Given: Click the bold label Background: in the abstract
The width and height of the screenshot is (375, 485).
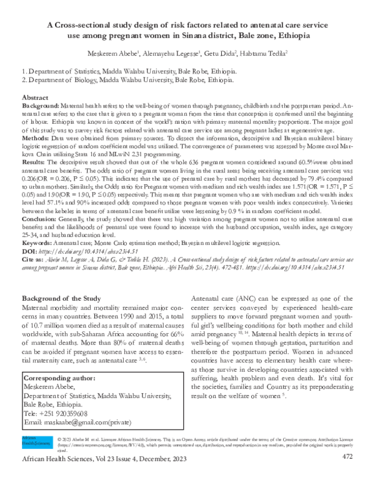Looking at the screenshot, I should coord(42,107).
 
